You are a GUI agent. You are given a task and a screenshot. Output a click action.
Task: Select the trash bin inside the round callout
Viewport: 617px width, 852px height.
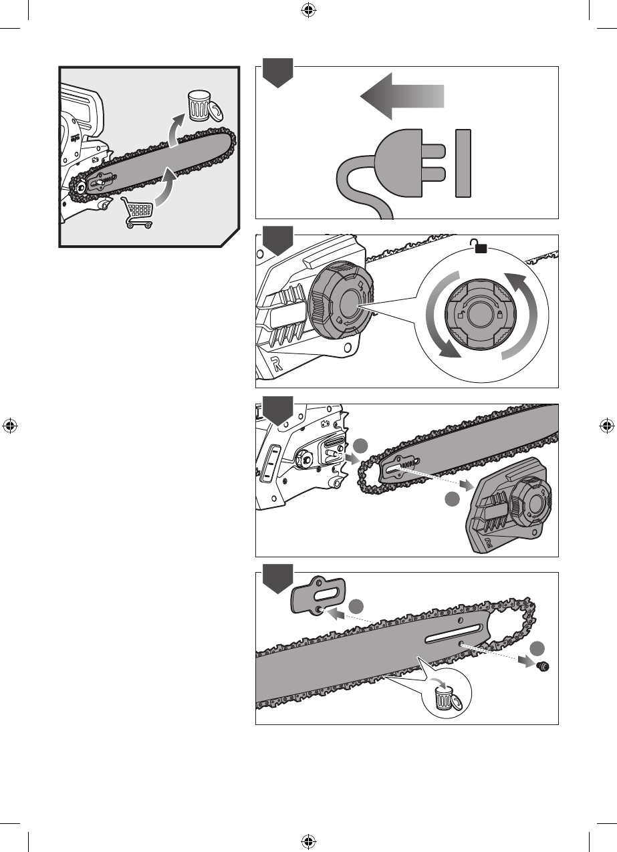click(443, 700)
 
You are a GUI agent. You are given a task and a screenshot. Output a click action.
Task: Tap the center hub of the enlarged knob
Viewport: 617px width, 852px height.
click(481, 313)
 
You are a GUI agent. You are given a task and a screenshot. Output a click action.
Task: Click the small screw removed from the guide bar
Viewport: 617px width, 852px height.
click(543, 666)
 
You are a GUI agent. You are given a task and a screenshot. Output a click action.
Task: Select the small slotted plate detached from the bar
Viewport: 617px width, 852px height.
click(318, 595)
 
